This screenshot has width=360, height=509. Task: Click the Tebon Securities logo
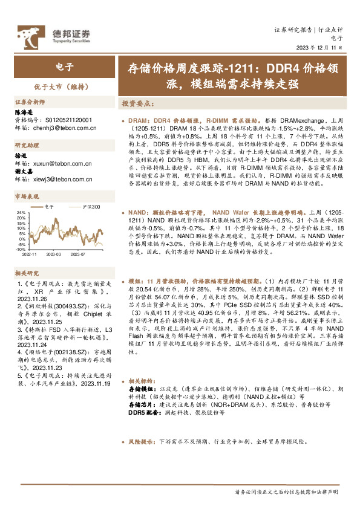click(54, 34)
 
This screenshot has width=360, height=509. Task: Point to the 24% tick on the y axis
click(21, 213)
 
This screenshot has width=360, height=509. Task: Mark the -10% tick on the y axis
click(20, 249)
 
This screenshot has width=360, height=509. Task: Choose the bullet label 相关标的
click(142, 382)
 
